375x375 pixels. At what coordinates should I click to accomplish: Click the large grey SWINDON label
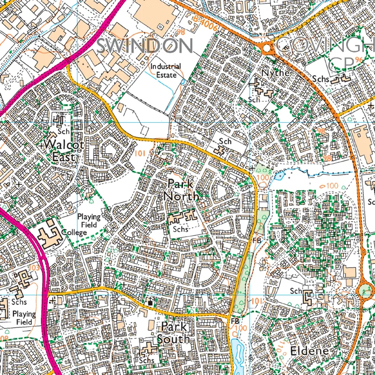(145, 46)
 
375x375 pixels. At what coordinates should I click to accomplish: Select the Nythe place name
(276, 73)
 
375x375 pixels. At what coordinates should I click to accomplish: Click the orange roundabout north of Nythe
(268, 47)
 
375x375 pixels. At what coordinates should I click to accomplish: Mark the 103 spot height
(33, 267)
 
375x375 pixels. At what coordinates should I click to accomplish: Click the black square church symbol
(150, 303)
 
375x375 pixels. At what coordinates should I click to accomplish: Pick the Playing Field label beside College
(89, 220)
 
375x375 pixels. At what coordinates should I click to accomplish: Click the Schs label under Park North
(180, 229)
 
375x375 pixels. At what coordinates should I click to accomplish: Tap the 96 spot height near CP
(359, 60)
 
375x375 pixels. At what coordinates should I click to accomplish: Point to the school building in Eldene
(308, 297)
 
